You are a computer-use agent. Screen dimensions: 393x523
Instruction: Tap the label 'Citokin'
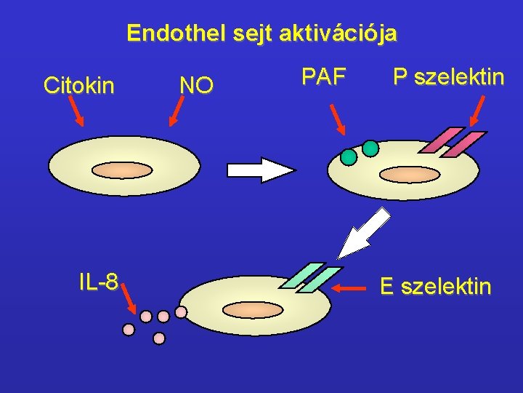coord(78,86)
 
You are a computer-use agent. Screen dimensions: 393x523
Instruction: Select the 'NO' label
coord(196,86)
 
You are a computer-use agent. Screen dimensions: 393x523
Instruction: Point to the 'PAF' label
coord(323,76)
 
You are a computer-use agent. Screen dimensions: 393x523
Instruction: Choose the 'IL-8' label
coord(99,282)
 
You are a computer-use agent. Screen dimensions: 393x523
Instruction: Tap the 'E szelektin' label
coord(435,287)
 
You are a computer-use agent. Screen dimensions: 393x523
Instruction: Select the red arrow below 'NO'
coord(177,113)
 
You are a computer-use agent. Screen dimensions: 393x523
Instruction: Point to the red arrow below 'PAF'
coord(338,119)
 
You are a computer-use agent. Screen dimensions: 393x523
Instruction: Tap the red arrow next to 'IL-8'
coord(128,297)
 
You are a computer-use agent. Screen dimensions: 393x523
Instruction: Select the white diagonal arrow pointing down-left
coord(364,233)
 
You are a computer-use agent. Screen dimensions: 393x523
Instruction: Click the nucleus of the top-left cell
coord(122,170)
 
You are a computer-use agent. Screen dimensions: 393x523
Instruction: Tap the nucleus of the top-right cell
coord(410,175)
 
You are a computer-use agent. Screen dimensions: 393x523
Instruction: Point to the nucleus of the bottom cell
coord(252,309)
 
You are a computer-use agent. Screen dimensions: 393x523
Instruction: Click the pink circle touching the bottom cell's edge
coord(181,312)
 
